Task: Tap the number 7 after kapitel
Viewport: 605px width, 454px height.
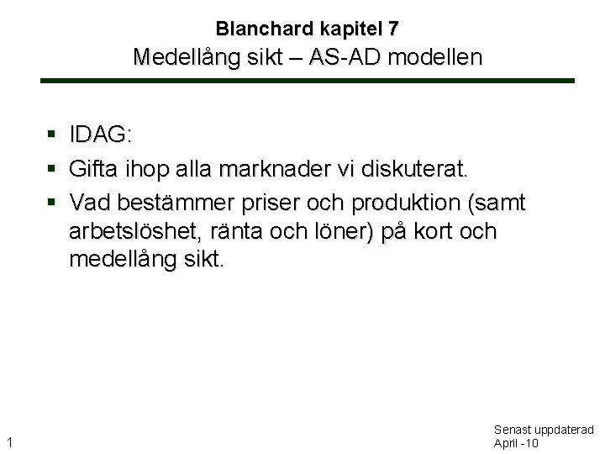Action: pos(393,29)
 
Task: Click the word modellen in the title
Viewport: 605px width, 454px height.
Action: pos(438,57)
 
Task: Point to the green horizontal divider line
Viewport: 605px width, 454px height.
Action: pos(308,81)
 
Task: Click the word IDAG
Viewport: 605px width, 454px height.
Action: pos(100,135)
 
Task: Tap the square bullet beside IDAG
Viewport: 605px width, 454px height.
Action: pos(52,135)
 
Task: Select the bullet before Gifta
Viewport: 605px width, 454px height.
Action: pos(52,169)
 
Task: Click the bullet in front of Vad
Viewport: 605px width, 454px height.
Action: pos(52,203)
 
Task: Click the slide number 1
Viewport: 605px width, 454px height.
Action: pos(8,441)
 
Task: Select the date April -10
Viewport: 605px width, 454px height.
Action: pos(516,443)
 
